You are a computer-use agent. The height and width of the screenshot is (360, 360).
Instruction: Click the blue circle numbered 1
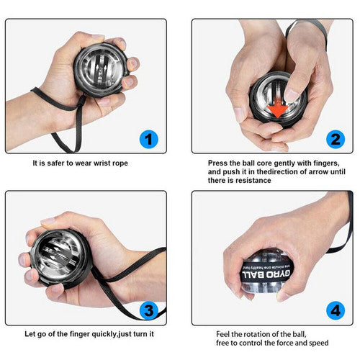(x=148, y=139)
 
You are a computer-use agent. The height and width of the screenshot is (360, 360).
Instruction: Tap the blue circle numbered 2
(x=334, y=139)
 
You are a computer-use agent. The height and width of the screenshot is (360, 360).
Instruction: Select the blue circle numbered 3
(x=148, y=311)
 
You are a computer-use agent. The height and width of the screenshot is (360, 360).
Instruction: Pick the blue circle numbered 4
(x=334, y=311)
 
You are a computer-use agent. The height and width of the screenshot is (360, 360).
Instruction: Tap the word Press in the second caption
(x=220, y=163)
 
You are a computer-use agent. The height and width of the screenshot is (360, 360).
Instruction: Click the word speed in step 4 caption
(x=320, y=343)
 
